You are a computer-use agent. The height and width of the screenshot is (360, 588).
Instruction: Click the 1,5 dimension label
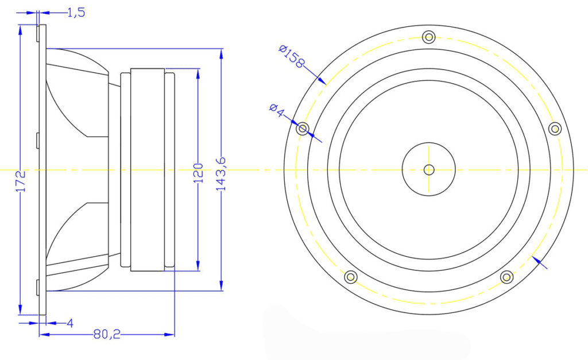coord(76,12)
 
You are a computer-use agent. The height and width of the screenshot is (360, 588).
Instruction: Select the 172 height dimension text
coord(21,181)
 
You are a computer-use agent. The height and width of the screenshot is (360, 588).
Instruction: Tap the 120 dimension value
coord(198,173)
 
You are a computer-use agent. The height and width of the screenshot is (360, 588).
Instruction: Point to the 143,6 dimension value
coord(221,173)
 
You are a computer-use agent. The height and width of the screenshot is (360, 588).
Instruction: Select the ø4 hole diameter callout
coord(276,110)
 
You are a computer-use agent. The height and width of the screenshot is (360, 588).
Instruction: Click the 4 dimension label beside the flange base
coord(70,323)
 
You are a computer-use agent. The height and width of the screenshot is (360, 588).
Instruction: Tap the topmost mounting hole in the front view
coord(428,37)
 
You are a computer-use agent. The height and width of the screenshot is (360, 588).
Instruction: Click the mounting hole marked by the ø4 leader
coord(303,128)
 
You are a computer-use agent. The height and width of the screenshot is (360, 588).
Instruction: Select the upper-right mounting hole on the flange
coord(555,128)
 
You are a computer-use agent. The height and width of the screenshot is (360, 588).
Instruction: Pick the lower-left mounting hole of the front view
coord(351,277)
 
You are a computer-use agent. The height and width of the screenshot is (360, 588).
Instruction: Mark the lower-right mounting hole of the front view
coord(506,277)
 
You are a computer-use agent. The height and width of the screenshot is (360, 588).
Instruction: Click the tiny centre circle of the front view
coord(429,169)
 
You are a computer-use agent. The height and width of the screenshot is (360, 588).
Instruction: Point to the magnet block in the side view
coord(147,170)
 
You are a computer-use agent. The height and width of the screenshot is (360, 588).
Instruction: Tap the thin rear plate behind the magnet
coord(169,170)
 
